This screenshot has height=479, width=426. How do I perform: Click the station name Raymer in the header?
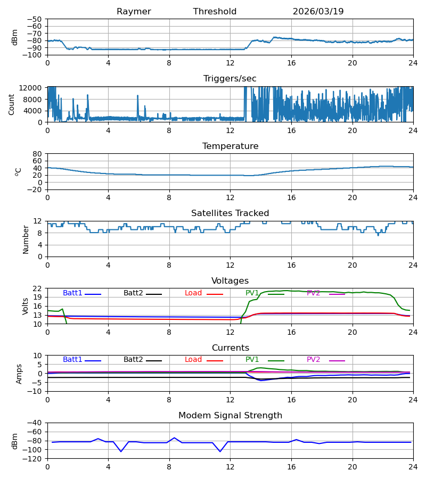pos(134,12)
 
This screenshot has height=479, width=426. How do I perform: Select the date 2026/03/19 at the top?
pos(318,12)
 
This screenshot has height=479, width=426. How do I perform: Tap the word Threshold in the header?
pos(215,12)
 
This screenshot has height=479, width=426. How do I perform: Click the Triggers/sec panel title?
pos(230,79)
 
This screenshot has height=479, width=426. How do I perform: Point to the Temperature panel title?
pos(230,146)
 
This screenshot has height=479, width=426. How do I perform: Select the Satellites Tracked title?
pos(230,213)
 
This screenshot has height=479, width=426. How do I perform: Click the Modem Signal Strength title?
pos(230,416)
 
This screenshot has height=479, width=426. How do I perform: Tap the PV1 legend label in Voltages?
pos(252,293)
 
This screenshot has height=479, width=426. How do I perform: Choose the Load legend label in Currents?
pos(193,360)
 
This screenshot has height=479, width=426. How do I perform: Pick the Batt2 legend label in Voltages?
pos(133,293)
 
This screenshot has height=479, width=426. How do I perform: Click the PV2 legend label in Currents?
pos(313,360)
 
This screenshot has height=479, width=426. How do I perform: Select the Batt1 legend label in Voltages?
pos(72,293)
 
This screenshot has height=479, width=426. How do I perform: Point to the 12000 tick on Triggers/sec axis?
pos(30,88)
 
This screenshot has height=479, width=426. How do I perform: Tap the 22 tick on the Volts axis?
pos(37,288)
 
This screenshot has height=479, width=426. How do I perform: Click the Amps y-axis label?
pos(19,374)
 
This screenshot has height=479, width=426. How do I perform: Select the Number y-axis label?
pos(26,240)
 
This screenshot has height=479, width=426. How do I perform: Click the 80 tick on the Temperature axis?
pos(37,154)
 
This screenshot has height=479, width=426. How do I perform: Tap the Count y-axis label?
pos(12,105)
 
